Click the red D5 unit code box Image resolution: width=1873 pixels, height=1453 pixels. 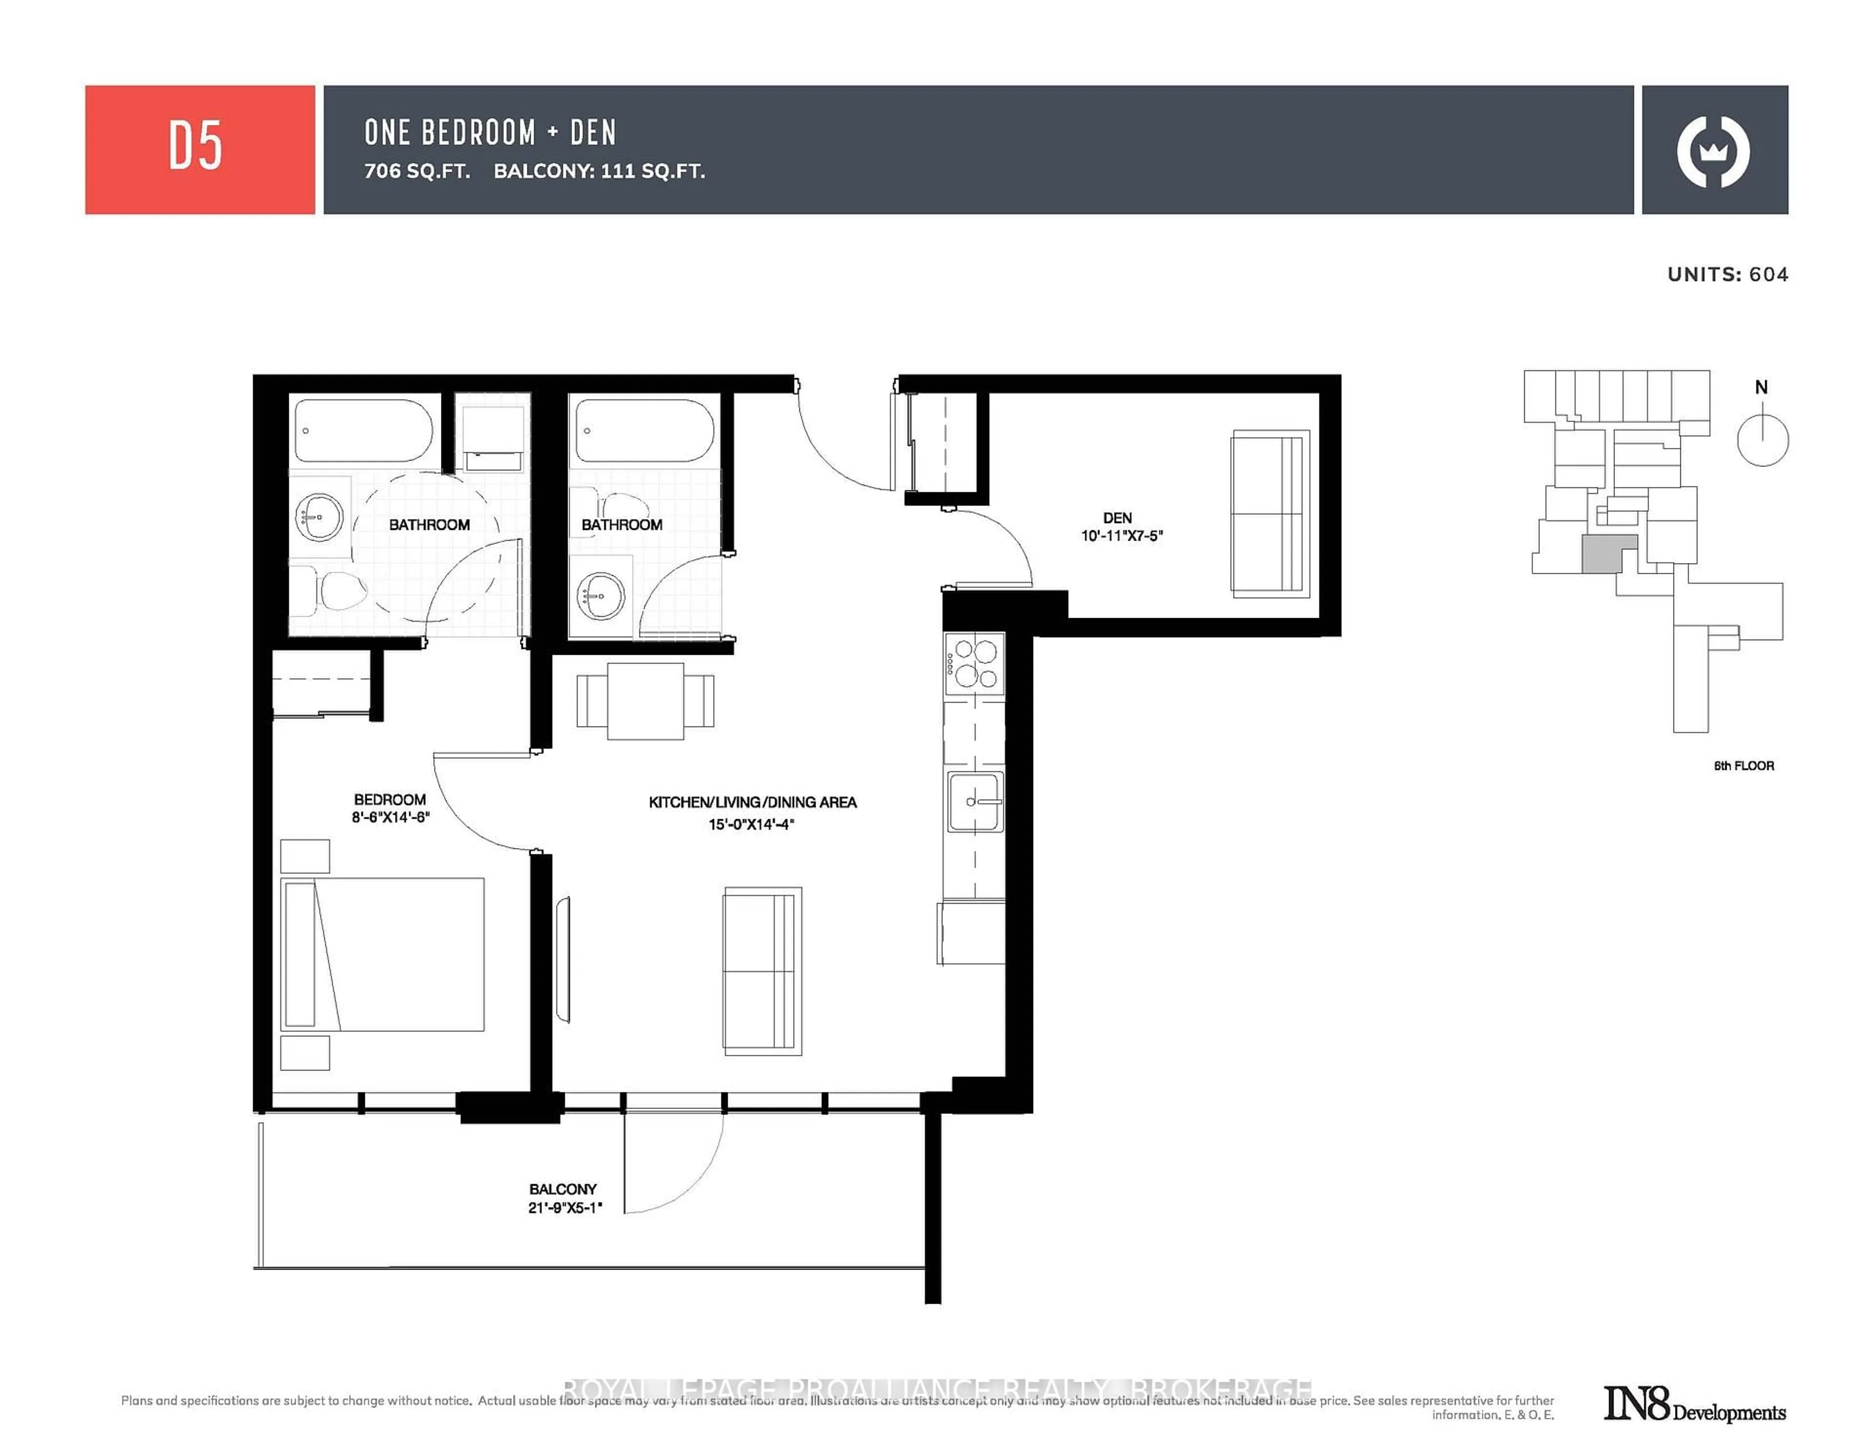200,149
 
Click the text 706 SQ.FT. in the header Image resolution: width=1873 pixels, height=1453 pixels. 417,171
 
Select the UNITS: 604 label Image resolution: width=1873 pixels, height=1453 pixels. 1727,275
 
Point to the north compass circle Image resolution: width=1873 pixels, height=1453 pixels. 1762,440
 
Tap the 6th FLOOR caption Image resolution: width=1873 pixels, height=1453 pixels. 1744,765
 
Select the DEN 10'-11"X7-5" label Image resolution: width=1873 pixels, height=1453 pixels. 1121,526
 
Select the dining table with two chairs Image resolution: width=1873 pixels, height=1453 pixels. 645,701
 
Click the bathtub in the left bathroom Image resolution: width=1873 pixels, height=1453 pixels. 363,431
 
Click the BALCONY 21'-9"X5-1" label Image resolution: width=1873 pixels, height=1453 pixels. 563,1197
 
